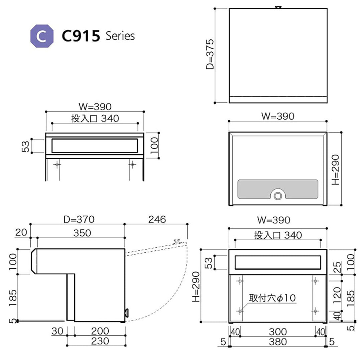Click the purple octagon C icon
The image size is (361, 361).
(x=42, y=36)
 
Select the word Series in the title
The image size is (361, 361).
(x=120, y=36)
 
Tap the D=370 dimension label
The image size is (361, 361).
(x=80, y=219)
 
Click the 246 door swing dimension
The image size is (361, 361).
(x=157, y=219)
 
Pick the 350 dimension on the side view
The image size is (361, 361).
(x=82, y=233)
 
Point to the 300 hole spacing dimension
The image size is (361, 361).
(x=277, y=332)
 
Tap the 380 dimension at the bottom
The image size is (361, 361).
(x=277, y=342)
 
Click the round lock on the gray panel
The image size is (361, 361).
(x=277, y=196)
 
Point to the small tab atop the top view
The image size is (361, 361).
(x=278, y=7)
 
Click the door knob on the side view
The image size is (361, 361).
(x=127, y=313)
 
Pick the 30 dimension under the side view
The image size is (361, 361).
(x=57, y=331)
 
